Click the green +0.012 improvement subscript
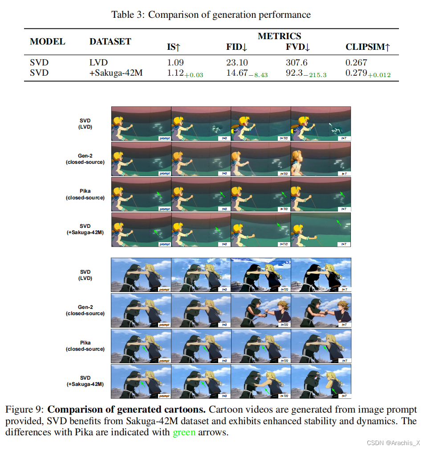pos(380,74)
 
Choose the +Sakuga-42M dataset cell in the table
pos(116,73)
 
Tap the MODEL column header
pos(47,42)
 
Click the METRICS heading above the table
pos(279,36)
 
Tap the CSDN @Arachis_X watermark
pos(394,443)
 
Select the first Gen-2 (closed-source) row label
pos(85,159)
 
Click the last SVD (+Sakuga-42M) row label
pos(85,381)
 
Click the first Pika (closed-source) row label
pos(85,195)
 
